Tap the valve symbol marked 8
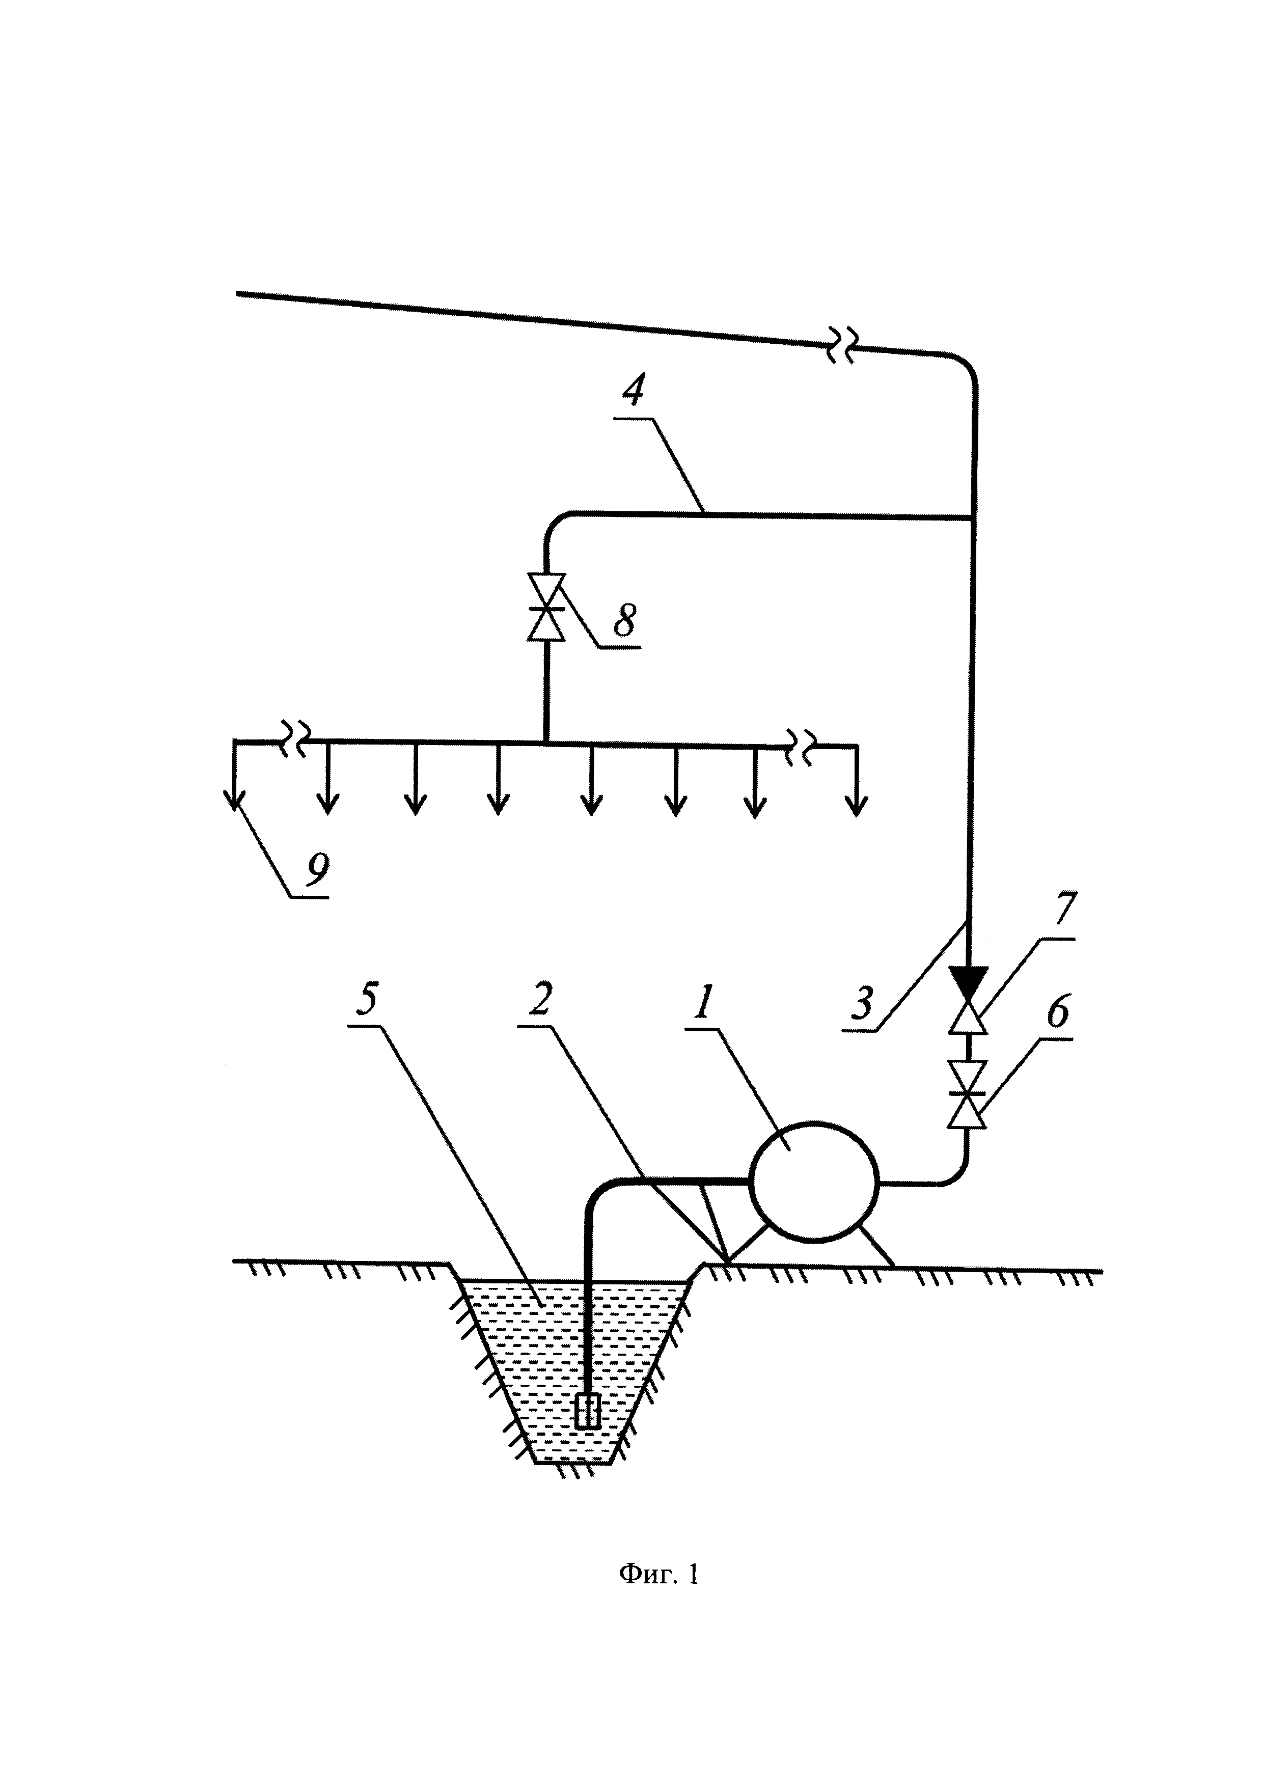(546, 608)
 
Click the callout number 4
(634, 389)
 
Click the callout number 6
(1058, 1013)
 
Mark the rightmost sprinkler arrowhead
(857, 807)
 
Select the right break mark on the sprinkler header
(801, 743)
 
